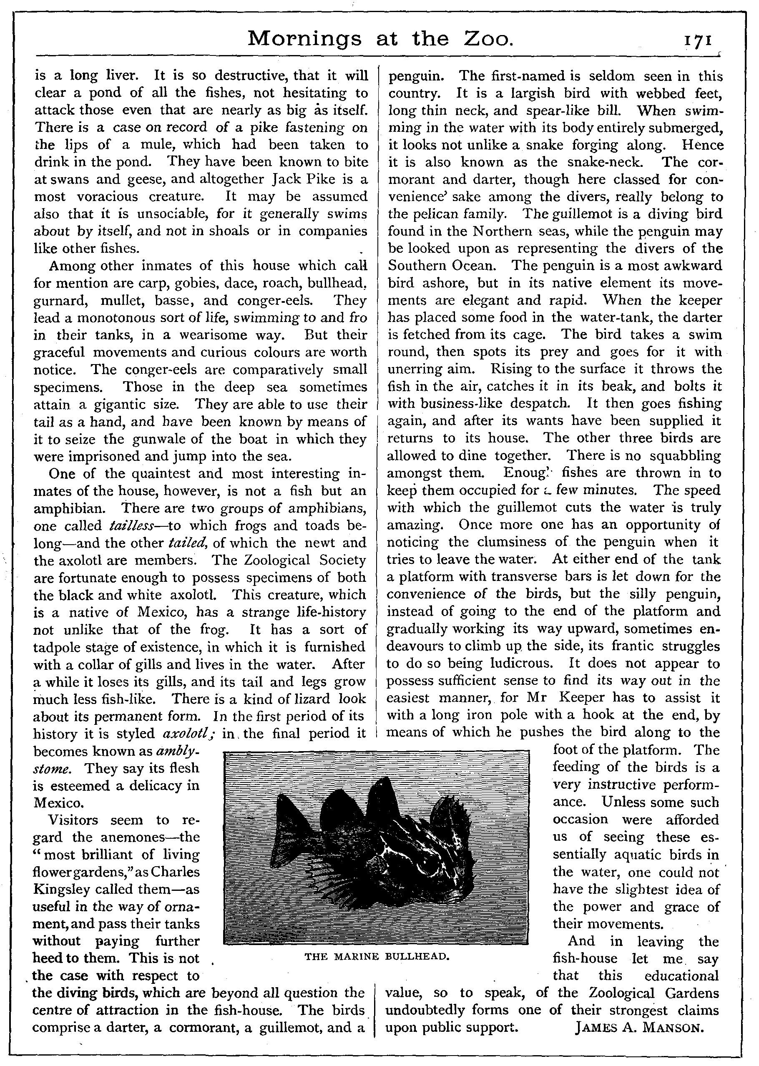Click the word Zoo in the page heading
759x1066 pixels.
tap(488, 39)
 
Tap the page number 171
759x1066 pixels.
tap(697, 40)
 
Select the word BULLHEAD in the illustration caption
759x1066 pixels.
tap(417, 957)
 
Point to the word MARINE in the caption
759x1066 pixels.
tap(357, 957)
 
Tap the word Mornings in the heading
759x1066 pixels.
tap(304, 40)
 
